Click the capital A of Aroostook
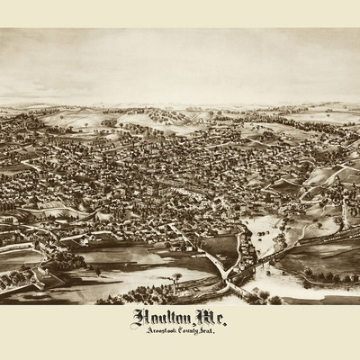pos(135,332)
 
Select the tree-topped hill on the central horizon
pos(162,115)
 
